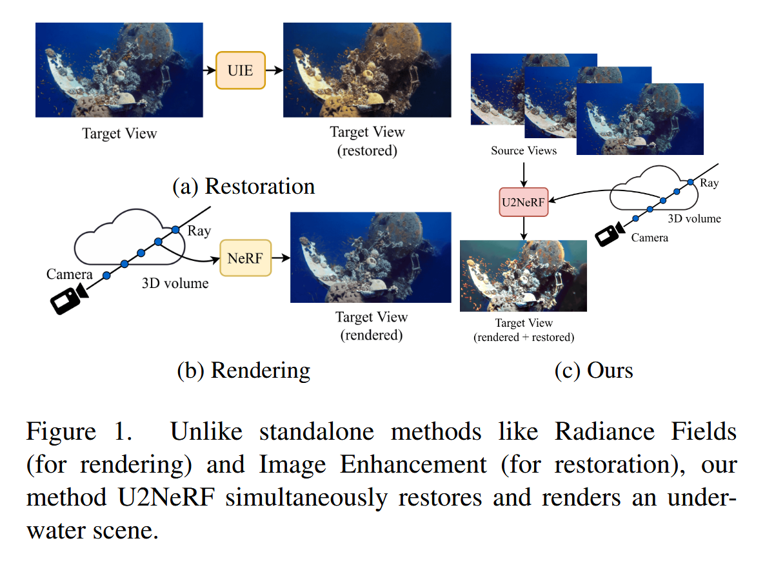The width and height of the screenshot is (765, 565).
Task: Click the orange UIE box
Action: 241,70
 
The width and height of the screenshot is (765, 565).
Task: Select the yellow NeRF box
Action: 245,257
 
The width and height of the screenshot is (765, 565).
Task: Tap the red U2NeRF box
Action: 523,201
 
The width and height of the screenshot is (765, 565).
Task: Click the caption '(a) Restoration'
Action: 244,186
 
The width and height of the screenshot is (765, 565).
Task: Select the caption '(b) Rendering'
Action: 244,370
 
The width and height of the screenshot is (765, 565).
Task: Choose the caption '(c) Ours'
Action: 593,370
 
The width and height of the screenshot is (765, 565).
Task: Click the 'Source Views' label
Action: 524,151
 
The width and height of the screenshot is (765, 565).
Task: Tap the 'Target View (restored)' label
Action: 367,141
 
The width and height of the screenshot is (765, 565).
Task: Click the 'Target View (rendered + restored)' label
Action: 523,330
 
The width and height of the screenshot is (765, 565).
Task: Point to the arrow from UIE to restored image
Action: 274,70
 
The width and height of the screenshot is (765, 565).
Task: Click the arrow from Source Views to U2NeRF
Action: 524,172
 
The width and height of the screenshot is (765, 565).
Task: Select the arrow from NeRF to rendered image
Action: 281,257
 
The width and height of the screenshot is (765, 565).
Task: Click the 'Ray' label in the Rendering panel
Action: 199,231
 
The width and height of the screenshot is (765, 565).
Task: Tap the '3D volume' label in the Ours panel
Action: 695,218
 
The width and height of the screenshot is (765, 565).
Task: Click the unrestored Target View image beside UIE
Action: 119,70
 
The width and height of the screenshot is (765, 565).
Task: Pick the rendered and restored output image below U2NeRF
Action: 523,276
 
